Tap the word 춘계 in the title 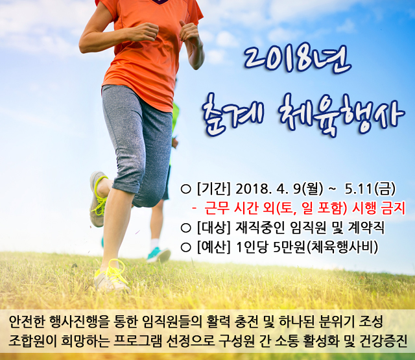pyautogui.click(x=232, y=115)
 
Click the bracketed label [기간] pyautogui.click(x=214, y=189)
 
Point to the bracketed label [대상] pyautogui.click(x=214, y=228)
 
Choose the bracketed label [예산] pyautogui.click(x=214, y=247)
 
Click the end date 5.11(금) pyautogui.click(x=370, y=189)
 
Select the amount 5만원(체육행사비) pyautogui.click(x=326, y=247)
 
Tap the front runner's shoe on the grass pyautogui.click(x=112, y=276)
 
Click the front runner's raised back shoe pyautogui.click(x=97, y=199)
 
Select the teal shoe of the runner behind pyautogui.click(x=159, y=255)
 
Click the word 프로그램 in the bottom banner pyautogui.click(x=137, y=342)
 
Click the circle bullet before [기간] pyautogui.click(x=185, y=189)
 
